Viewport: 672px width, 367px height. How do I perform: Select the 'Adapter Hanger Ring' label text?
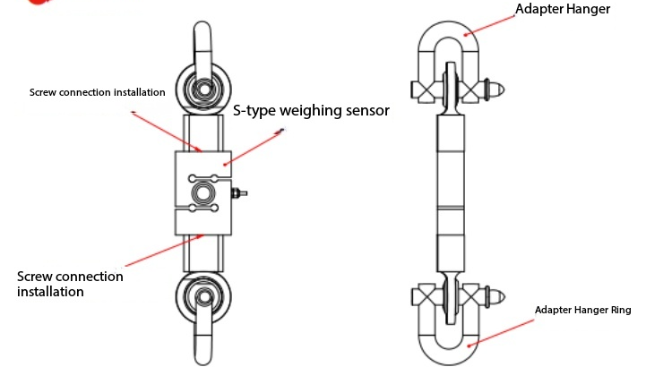583,310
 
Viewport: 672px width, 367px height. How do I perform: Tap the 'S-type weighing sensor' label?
311,111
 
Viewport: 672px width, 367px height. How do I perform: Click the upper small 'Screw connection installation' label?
98,92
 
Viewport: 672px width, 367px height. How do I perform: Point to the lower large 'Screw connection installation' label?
71,283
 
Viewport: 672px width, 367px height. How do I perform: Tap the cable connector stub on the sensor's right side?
237,192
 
